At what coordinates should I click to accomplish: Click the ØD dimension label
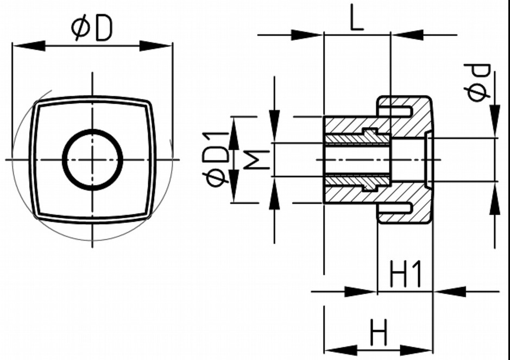click(92, 28)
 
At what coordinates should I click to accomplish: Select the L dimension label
click(356, 20)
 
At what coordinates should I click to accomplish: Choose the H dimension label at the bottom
click(379, 332)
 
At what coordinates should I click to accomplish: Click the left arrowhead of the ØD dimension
click(24, 46)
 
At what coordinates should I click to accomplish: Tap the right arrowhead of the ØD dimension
click(160, 46)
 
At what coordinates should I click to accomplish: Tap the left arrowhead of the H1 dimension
click(364, 292)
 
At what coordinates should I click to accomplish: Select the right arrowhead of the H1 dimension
click(445, 292)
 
